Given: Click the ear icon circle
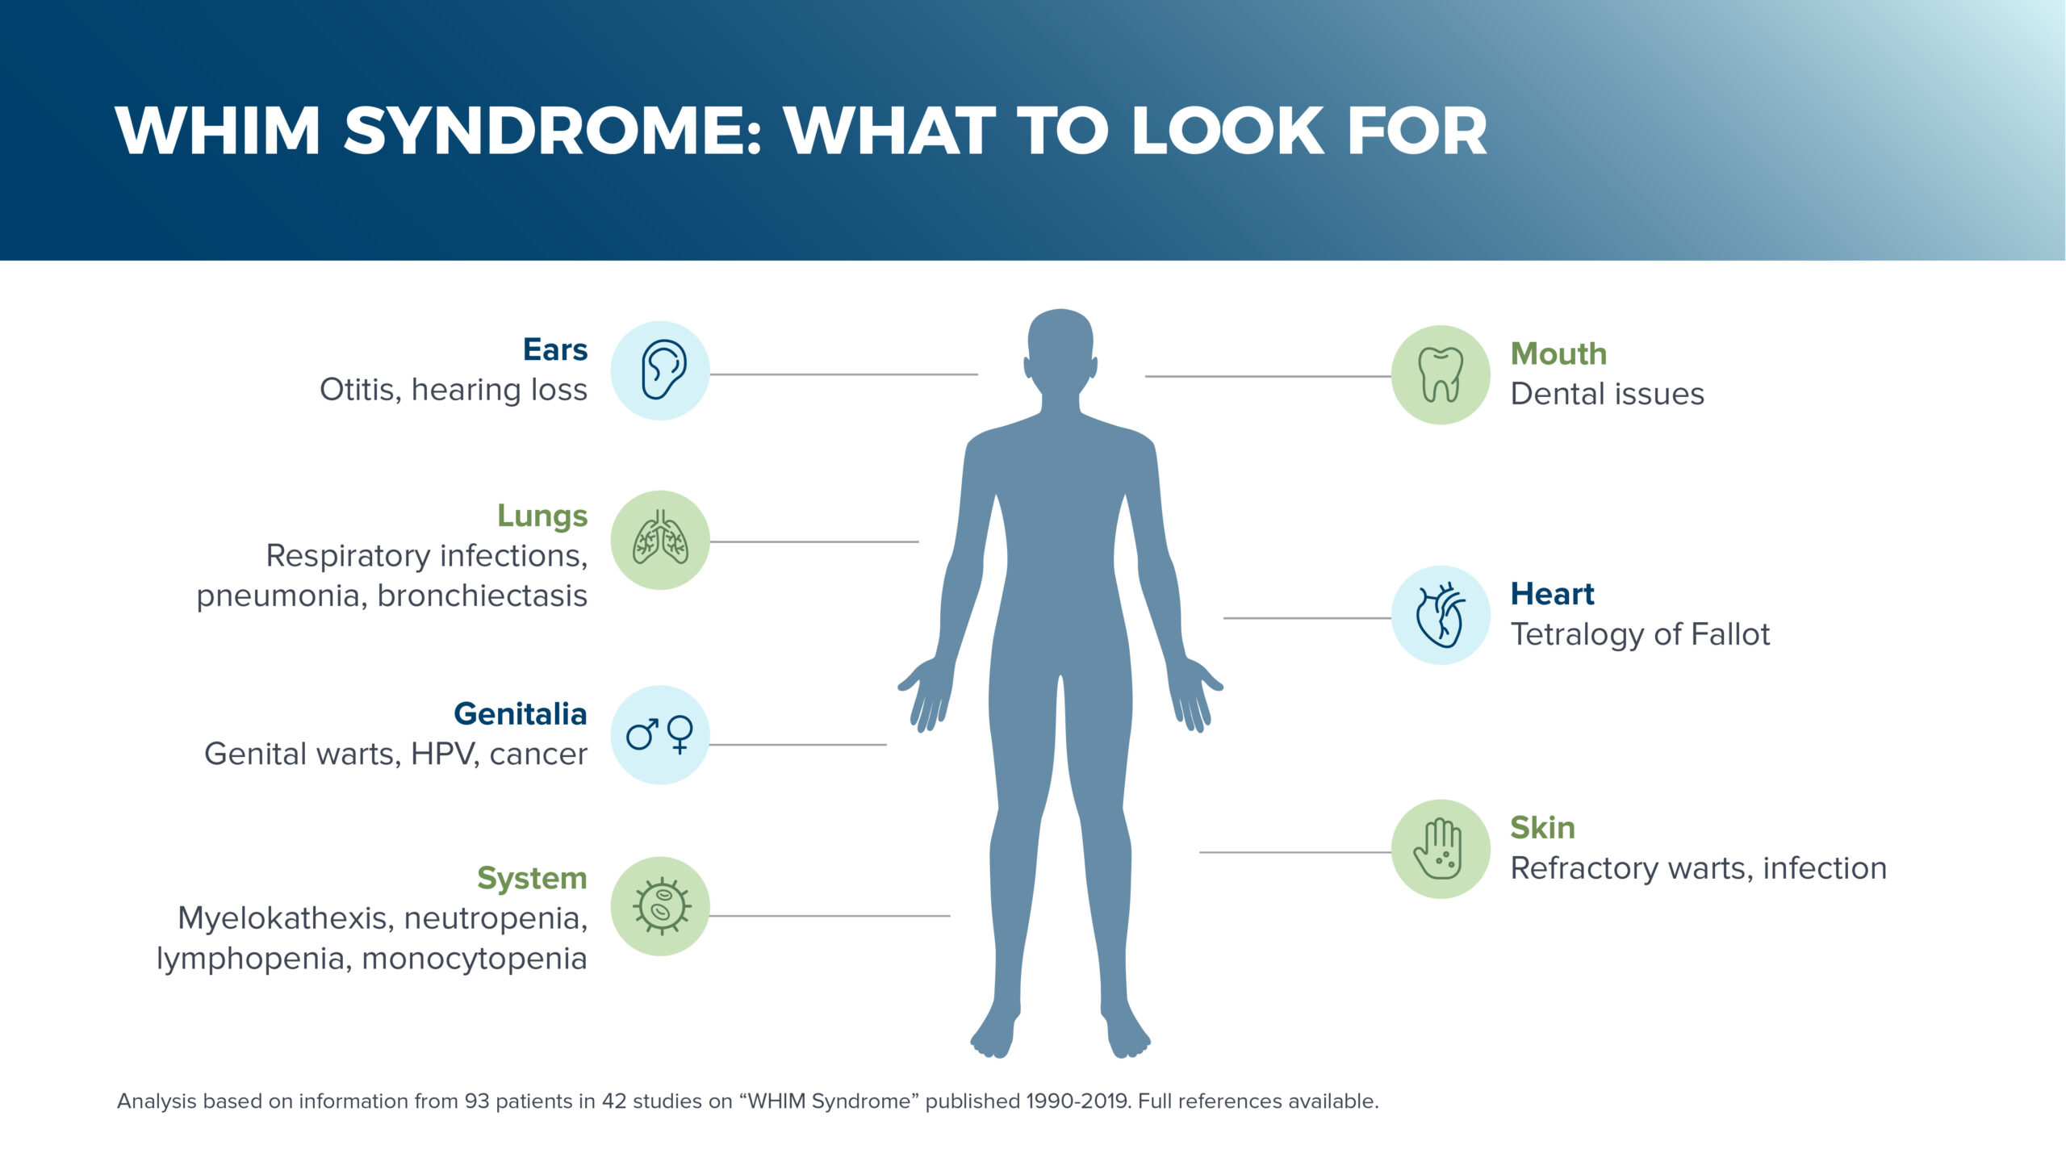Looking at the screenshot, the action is click(660, 370).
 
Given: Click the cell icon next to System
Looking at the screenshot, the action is click(660, 906).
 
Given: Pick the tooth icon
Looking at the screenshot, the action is click(1441, 374).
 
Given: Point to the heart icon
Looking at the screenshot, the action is click(1441, 615).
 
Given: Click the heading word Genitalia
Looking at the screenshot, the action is click(521, 714).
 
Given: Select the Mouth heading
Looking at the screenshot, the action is click(1558, 353).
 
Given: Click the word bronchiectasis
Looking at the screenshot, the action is click(482, 596).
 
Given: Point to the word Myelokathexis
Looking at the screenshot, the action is click(286, 919).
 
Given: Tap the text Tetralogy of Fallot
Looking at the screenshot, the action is click(1640, 635).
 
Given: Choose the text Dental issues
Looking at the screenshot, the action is click(1608, 394).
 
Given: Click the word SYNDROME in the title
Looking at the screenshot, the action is click(552, 130).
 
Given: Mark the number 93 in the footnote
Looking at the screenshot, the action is click(477, 1101).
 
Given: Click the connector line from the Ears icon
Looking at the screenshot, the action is click(844, 374).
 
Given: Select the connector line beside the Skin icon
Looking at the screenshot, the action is click(1295, 852).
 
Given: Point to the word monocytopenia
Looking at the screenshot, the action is click(474, 959).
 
